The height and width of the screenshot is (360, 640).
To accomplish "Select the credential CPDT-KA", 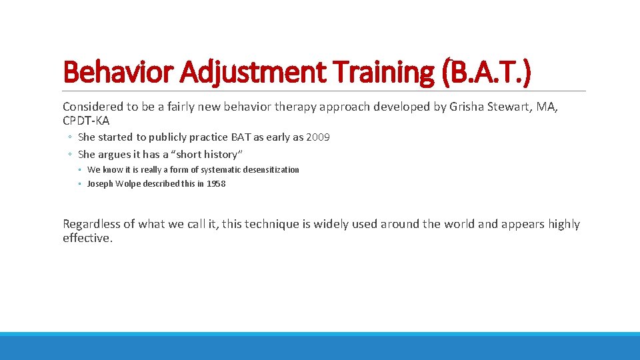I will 85,120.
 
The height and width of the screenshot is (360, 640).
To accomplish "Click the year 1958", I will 216,184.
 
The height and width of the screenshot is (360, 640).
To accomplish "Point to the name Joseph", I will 100,184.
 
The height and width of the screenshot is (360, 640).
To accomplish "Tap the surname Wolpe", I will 128,184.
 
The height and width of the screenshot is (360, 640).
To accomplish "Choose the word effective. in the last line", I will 87,238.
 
